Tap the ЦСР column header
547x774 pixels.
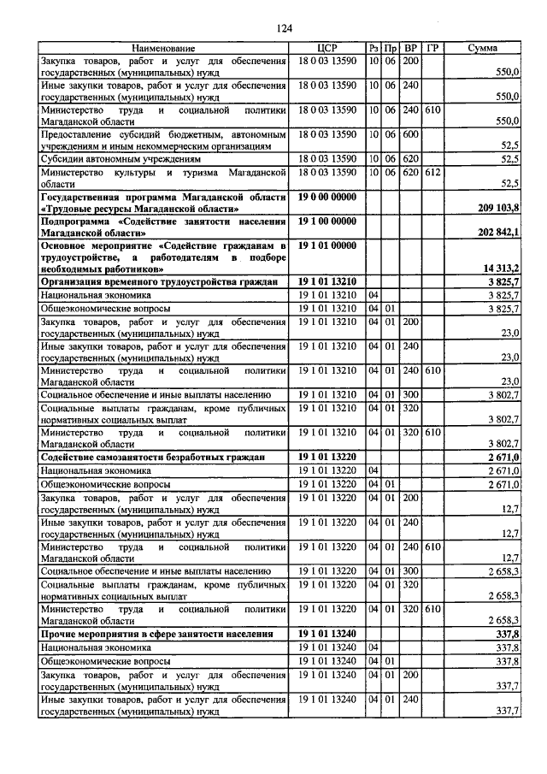click(327, 49)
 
